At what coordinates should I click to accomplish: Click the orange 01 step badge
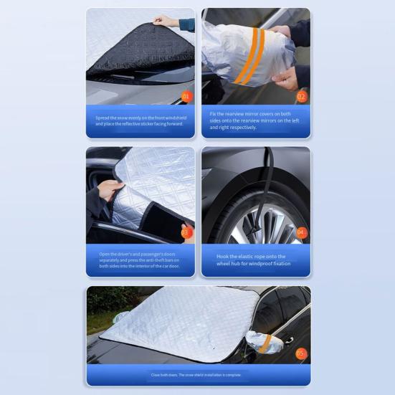(x=186, y=95)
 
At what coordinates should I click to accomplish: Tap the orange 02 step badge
(x=301, y=96)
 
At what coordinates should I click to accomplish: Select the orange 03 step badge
(x=186, y=232)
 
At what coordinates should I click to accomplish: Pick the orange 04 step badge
(x=301, y=232)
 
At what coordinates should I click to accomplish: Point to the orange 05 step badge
(x=301, y=353)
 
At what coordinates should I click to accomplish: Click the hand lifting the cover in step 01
(x=166, y=21)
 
